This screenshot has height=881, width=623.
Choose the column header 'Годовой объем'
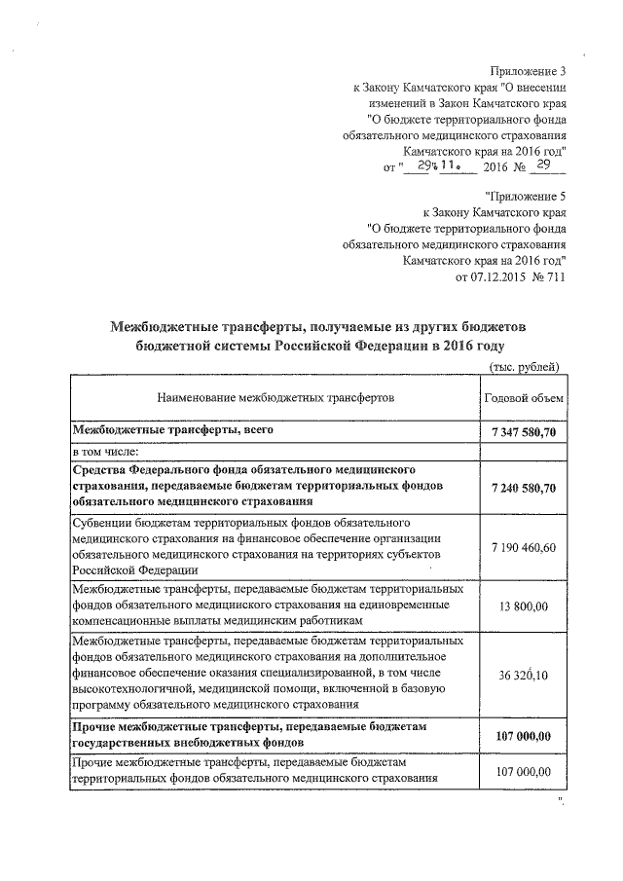[x=523, y=398]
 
